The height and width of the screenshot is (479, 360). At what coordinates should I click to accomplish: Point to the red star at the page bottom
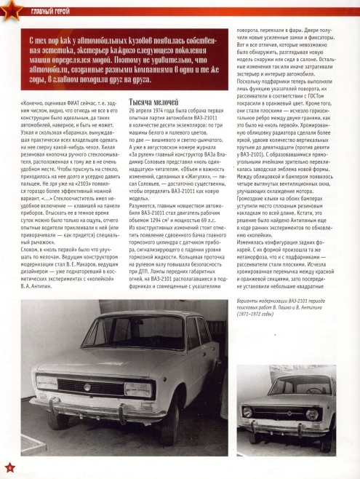[9, 465]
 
